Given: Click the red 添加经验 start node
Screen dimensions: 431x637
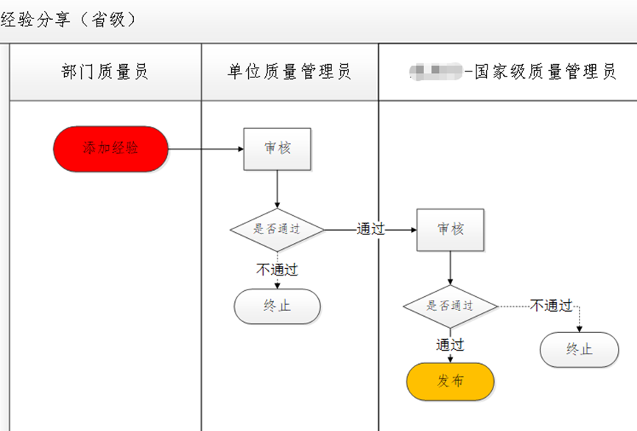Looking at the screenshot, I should click(110, 149).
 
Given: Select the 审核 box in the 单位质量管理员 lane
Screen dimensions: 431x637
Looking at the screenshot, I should click(277, 149).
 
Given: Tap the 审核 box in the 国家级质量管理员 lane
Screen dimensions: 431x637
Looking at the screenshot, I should click(450, 230).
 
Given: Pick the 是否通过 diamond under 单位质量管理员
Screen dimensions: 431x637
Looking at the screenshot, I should click(277, 229).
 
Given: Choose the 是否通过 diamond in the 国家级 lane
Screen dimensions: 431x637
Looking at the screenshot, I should click(450, 306).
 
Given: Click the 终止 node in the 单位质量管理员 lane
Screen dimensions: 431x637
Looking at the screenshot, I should click(277, 306).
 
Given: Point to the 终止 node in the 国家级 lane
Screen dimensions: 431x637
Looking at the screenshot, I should click(579, 350).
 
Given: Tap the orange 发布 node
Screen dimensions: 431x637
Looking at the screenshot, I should click(450, 382).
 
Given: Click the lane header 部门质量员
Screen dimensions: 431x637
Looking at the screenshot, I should click(105, 71).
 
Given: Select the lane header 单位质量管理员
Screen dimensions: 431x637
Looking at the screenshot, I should click(289, 71).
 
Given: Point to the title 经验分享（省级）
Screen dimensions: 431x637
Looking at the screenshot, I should click(69, 20).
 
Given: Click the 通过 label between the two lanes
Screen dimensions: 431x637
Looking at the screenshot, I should click(370, 229).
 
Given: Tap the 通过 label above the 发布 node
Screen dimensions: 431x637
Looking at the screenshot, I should click(450, 345).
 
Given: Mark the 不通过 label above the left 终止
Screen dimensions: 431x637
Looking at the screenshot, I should click(277, 270).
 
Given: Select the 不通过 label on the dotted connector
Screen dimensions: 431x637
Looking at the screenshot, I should click(551, 305).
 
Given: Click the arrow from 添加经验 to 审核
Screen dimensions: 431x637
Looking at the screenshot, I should click(206, 149).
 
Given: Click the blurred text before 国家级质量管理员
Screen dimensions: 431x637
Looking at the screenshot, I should click(434, 71).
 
